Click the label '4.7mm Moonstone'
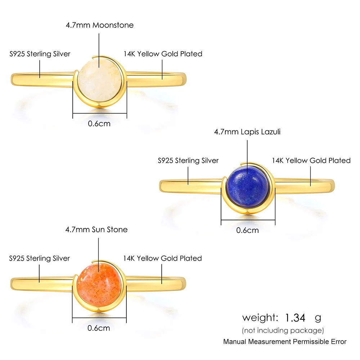(x=99, y=25)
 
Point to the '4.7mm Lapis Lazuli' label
(x=247, y=132)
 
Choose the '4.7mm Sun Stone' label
(x=96, y=229)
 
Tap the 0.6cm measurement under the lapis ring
(x=248, y=230)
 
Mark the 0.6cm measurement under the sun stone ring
(x=99, y=328)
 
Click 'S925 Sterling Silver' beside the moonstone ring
(x=40, y=54)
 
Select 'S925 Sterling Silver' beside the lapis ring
(x=188, y=161)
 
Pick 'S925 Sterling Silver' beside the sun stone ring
(x=40, y=258)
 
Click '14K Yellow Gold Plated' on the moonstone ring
(x=163, y=54)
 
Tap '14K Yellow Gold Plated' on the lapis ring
(x=311, y=161)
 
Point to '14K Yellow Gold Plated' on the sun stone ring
(x=162, y=258)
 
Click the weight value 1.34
(x=295, y=318)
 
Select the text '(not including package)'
(x=283, y=330)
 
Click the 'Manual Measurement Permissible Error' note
(x=285, y=342)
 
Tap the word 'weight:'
(x=260, y=318)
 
